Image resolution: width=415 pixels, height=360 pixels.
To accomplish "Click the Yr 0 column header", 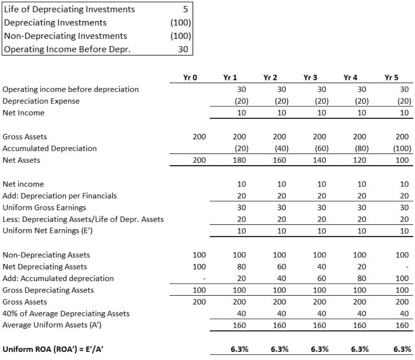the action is pos(190,77).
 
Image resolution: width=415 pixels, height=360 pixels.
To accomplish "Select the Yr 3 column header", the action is pos(310,77).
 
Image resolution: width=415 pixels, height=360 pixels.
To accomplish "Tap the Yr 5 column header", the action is pos(391,77).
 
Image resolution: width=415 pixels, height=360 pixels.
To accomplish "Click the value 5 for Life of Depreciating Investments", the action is pos(185,9).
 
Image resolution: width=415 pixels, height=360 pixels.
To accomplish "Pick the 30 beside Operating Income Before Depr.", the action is pos(183,49).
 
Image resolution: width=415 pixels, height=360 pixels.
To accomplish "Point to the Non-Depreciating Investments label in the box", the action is pos(66,36).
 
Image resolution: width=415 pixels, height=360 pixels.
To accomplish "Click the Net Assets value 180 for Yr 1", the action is pos(239,160).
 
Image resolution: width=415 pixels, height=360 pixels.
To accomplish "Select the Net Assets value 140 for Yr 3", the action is pos(319,160).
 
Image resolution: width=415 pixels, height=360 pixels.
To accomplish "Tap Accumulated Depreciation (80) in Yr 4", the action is pos(362,149).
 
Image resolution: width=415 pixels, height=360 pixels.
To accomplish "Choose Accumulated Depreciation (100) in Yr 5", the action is pos(402,149).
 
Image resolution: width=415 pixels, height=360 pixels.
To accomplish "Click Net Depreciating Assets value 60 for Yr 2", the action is pos(281,267).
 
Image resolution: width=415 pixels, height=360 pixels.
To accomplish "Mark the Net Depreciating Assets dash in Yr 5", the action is pos(407,267).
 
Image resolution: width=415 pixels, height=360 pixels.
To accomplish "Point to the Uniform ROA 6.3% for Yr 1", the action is pos(239,349).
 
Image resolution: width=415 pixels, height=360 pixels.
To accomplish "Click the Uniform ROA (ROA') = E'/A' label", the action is pos(53,349).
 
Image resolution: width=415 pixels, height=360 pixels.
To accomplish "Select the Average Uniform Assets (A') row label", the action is pos(52,325).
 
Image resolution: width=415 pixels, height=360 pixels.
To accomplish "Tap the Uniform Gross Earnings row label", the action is pos(44,208).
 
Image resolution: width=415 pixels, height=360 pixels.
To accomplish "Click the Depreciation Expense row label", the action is pos(41,101).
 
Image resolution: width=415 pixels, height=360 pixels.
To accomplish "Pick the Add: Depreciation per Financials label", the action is pos(59,196).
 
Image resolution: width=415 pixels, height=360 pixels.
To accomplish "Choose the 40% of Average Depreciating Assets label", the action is pos(66,314).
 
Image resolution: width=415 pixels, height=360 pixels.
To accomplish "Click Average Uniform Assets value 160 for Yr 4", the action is pos(360,325).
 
